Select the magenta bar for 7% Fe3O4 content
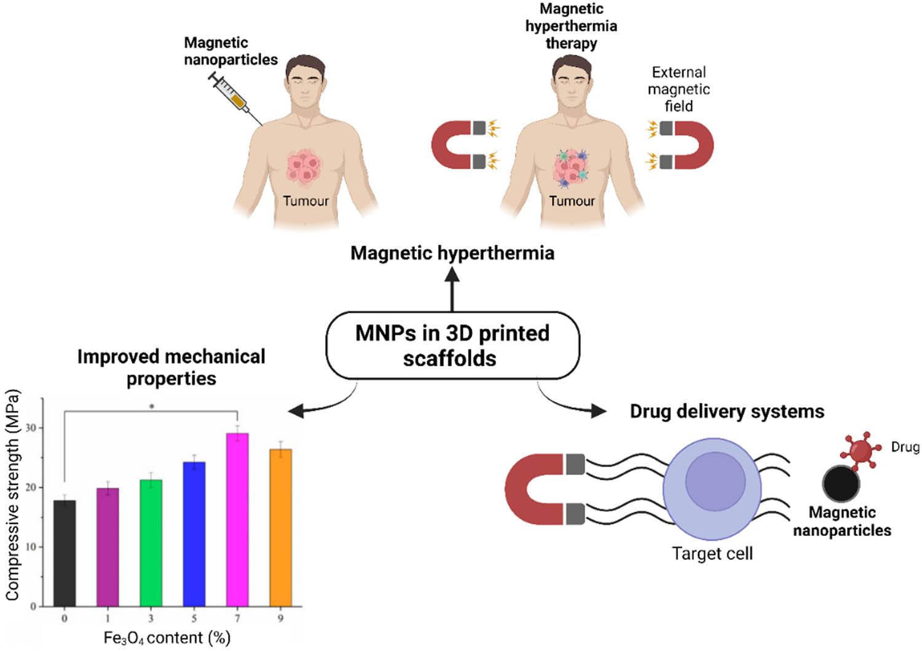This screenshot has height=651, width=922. pos(237,520)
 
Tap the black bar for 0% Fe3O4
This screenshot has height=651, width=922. pos(65,553)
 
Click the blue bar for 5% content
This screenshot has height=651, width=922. pos(194,534)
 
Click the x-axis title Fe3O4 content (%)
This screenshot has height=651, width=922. pos(167,637)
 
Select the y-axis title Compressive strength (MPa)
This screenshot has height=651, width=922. pos(13,495)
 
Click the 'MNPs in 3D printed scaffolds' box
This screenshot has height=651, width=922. pos(452,345)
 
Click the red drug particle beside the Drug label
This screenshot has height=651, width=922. pos(860,449)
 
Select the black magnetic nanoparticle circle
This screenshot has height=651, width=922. pos(841,484)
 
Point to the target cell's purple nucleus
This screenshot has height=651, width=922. pos(715,482)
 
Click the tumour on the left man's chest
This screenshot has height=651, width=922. pos(304,166)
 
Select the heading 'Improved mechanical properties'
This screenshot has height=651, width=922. pos(171,367)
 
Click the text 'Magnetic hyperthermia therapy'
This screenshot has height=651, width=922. pos(571,26)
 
